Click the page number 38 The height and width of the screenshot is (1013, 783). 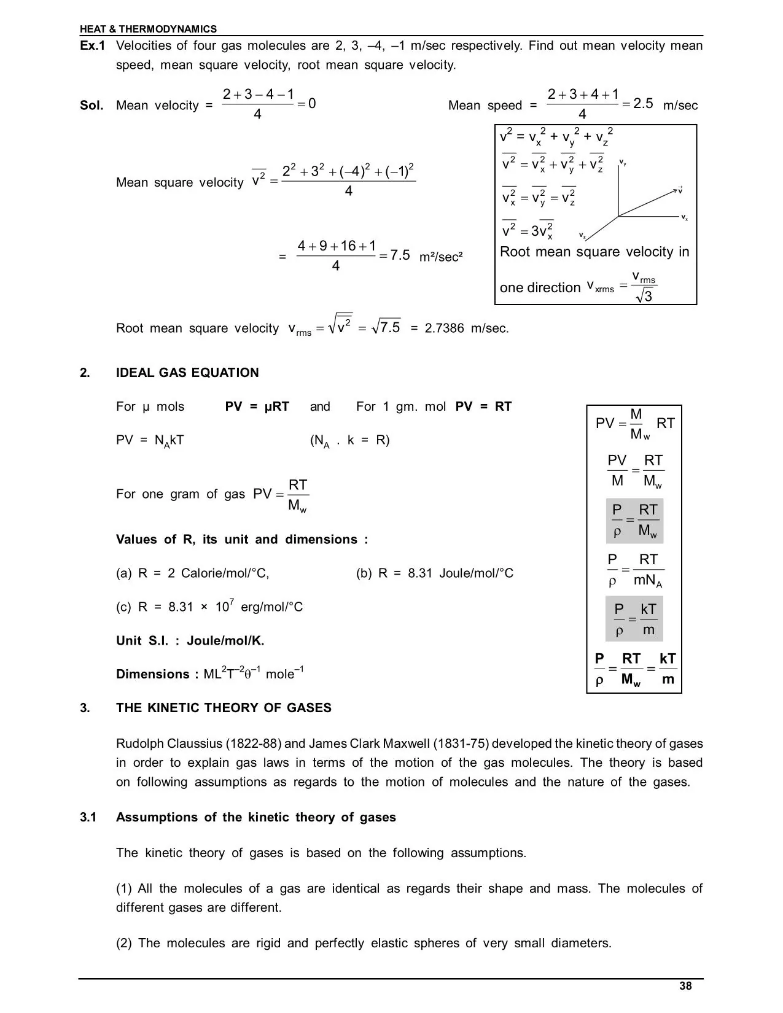pyautogui.click(x=685, y=986)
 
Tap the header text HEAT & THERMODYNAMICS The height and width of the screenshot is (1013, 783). pyautogui.click(x=148, y=29)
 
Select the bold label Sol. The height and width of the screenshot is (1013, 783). pyautogui.click(x=92, y=106)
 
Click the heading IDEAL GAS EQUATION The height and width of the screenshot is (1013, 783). pyautogui.click(x=187, y=373)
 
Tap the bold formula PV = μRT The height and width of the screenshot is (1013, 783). pyautogui.click(x=257, y=406)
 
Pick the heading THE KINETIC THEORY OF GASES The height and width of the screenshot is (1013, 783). pyautogui.click(x=224, y=708)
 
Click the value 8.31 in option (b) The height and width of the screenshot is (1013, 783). pyautogui.click(x=421, y=573)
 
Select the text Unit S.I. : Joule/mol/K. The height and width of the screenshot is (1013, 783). pyautogui.click(x=190, y=641)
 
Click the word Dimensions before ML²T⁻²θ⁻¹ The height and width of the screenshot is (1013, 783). pyautogui.click(x=153, y=674)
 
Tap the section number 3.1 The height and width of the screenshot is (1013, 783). pyautogui.click(x=88, y=817)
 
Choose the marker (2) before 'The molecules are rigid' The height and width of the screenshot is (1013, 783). pyautogui.click(x=124, y=943)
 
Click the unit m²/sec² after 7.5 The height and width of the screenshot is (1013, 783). pyautogui.click(x=440, y=257)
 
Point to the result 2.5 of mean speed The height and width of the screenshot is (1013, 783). pyautogui.click(x=643, y=103)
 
